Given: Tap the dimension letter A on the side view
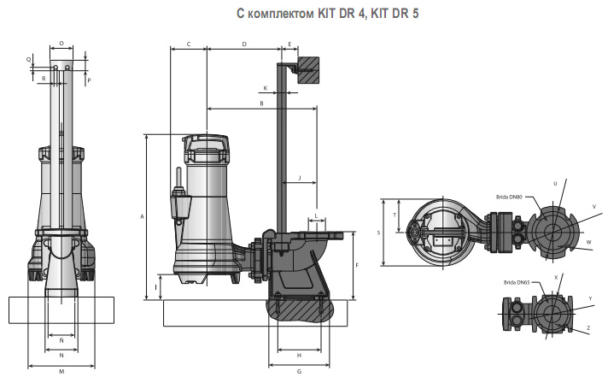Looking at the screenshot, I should click(141, 217).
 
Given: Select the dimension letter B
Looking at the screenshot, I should click(261, 103).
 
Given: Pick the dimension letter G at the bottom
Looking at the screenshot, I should click(299, 372).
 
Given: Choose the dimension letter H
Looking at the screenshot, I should click(299, 354).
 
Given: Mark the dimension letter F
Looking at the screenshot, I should click(357, 265).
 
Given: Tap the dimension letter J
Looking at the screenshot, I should click(299, 177).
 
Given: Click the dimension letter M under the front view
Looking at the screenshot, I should click(61, 372).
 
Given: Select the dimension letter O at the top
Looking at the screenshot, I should click(61, 43).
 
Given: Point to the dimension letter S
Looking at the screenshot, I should click(378, 232).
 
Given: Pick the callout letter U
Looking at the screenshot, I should click(555, 183).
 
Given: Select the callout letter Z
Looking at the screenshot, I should click(588, 328).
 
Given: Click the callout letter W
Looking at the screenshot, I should click(588, 242).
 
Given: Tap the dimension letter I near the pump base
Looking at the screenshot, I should click(156, 286).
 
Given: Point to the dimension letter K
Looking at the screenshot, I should click(265, 88).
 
